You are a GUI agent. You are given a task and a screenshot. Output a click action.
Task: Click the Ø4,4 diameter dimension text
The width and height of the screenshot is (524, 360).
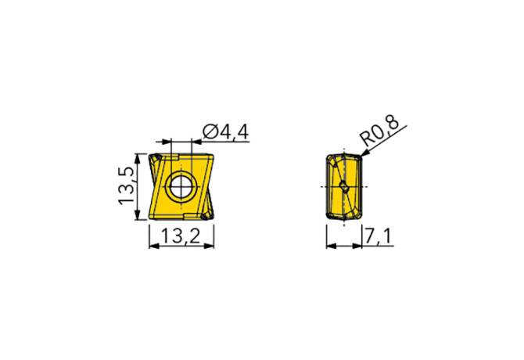225,133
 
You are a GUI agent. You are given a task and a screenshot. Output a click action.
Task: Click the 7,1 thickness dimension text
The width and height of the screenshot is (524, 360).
379,238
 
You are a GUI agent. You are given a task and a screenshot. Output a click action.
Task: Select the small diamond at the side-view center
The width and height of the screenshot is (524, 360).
343,187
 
